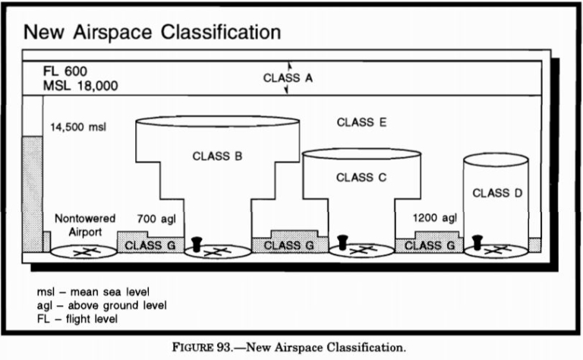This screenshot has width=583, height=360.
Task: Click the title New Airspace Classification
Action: coord(153,33)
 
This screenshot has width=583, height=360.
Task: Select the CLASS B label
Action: coord(217,157)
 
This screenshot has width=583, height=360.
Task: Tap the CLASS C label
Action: coord(361,178)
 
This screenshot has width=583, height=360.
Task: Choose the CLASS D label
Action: coord(497,193)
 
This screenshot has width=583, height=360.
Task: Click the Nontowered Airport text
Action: coord(84,225)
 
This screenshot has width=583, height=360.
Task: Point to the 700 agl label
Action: coord(156,219)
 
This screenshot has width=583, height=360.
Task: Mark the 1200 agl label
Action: coord(435,218)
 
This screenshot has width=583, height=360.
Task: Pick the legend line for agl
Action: coord(102,305)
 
